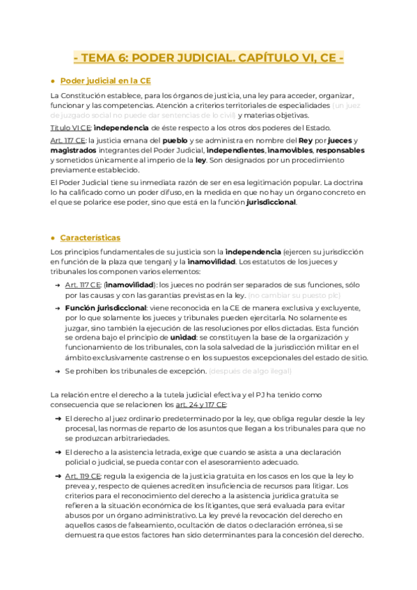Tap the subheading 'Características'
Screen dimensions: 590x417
click(x=90, y=237)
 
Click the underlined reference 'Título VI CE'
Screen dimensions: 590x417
click(x=70, y=127)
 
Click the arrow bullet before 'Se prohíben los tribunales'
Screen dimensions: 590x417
click(x=56, y=371)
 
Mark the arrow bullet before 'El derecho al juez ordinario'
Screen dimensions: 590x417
click(x=56, y=418)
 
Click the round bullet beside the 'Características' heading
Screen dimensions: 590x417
click(x=53, y=237)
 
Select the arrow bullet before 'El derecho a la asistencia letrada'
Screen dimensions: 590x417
click(x=56, y=452)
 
